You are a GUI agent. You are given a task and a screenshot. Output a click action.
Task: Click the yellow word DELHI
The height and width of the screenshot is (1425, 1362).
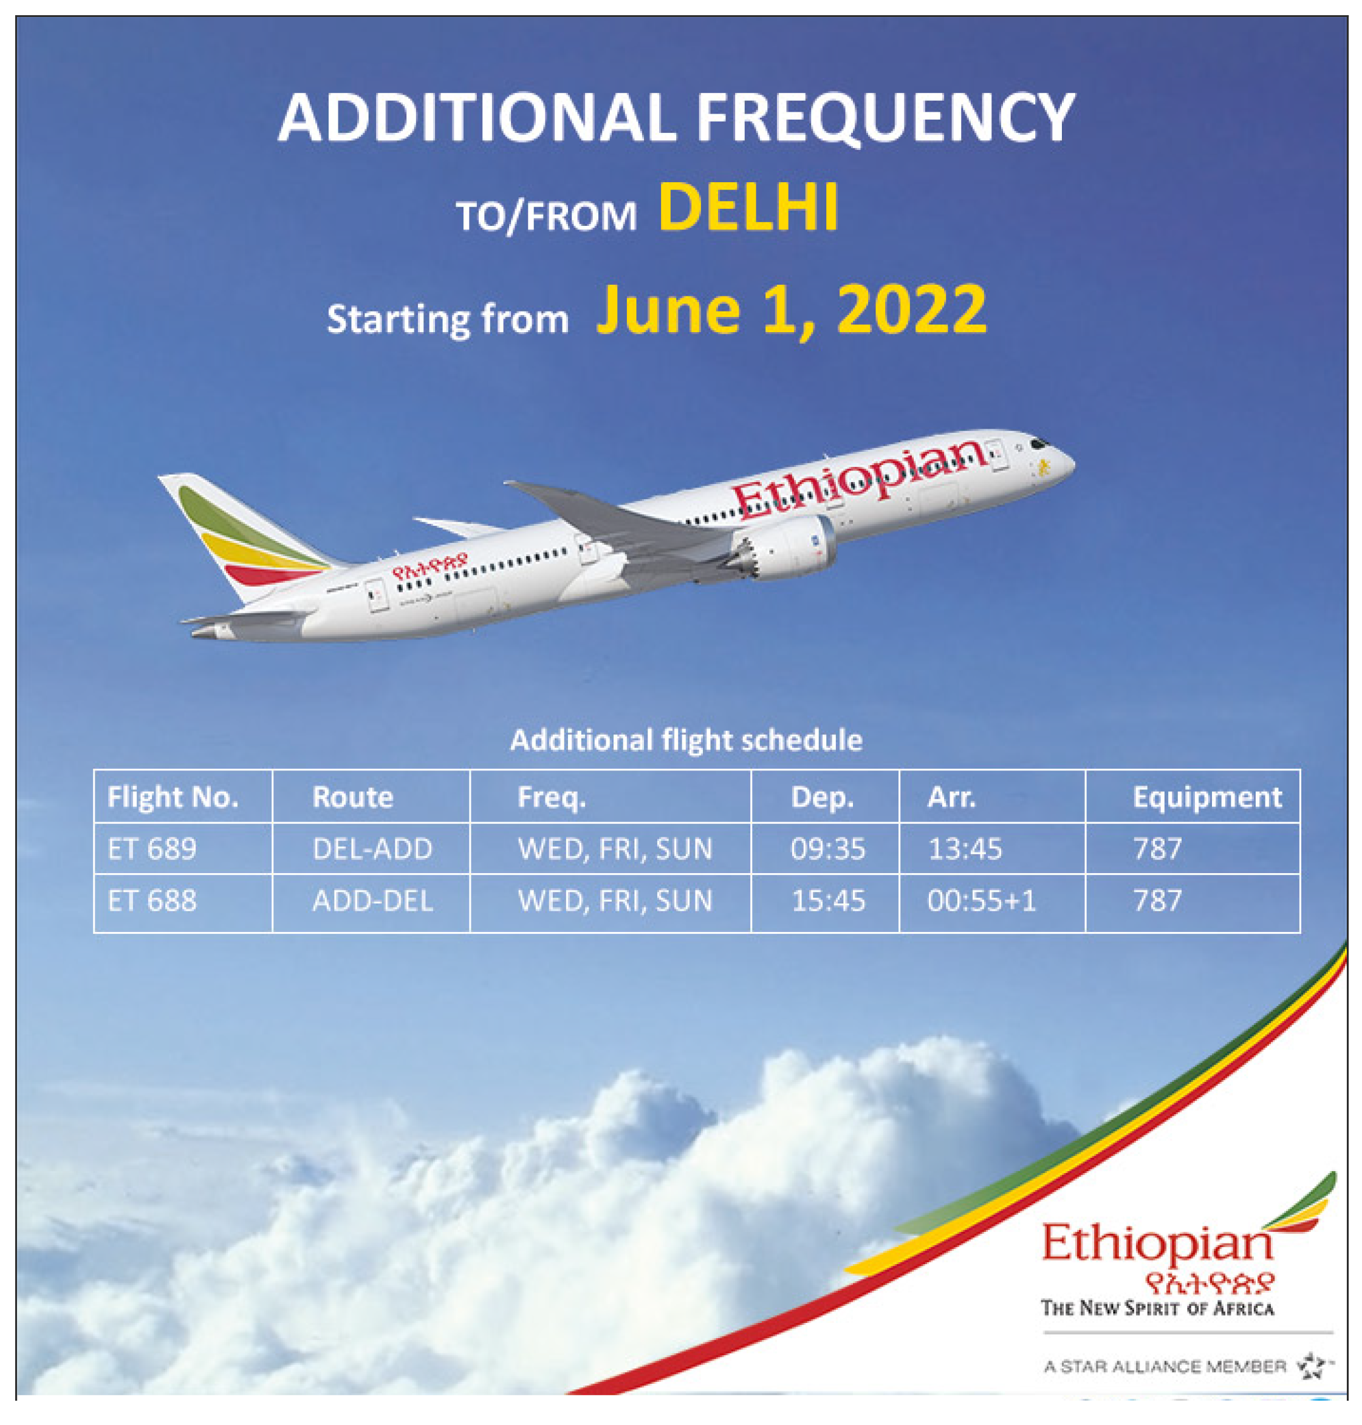(x=748, y=208)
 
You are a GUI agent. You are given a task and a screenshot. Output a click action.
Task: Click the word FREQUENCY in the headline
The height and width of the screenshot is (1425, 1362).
(x=885, y=118)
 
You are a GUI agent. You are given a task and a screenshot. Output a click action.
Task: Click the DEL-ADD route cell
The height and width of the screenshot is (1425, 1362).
(x=372, y=848)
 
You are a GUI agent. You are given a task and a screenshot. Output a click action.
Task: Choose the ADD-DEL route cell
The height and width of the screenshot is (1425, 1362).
(x=372, y=900)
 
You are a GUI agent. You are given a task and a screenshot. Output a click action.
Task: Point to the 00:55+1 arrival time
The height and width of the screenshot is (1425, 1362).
(x=982, y=900)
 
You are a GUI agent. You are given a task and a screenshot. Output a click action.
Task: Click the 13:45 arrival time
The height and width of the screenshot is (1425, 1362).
(x=965, y=848)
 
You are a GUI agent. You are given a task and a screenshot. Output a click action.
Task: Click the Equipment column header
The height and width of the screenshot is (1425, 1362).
(x=1206, y=797)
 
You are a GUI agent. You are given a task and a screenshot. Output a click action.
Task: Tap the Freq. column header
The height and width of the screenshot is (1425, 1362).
(x=551, y=797)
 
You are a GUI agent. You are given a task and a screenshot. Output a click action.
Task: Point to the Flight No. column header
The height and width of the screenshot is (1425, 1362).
(x=173, y=797)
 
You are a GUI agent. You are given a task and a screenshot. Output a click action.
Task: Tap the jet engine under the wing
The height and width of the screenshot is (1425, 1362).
(x=784, y=548)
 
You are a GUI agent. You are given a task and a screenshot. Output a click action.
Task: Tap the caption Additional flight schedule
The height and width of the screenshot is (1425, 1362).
(x=686, y=740)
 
